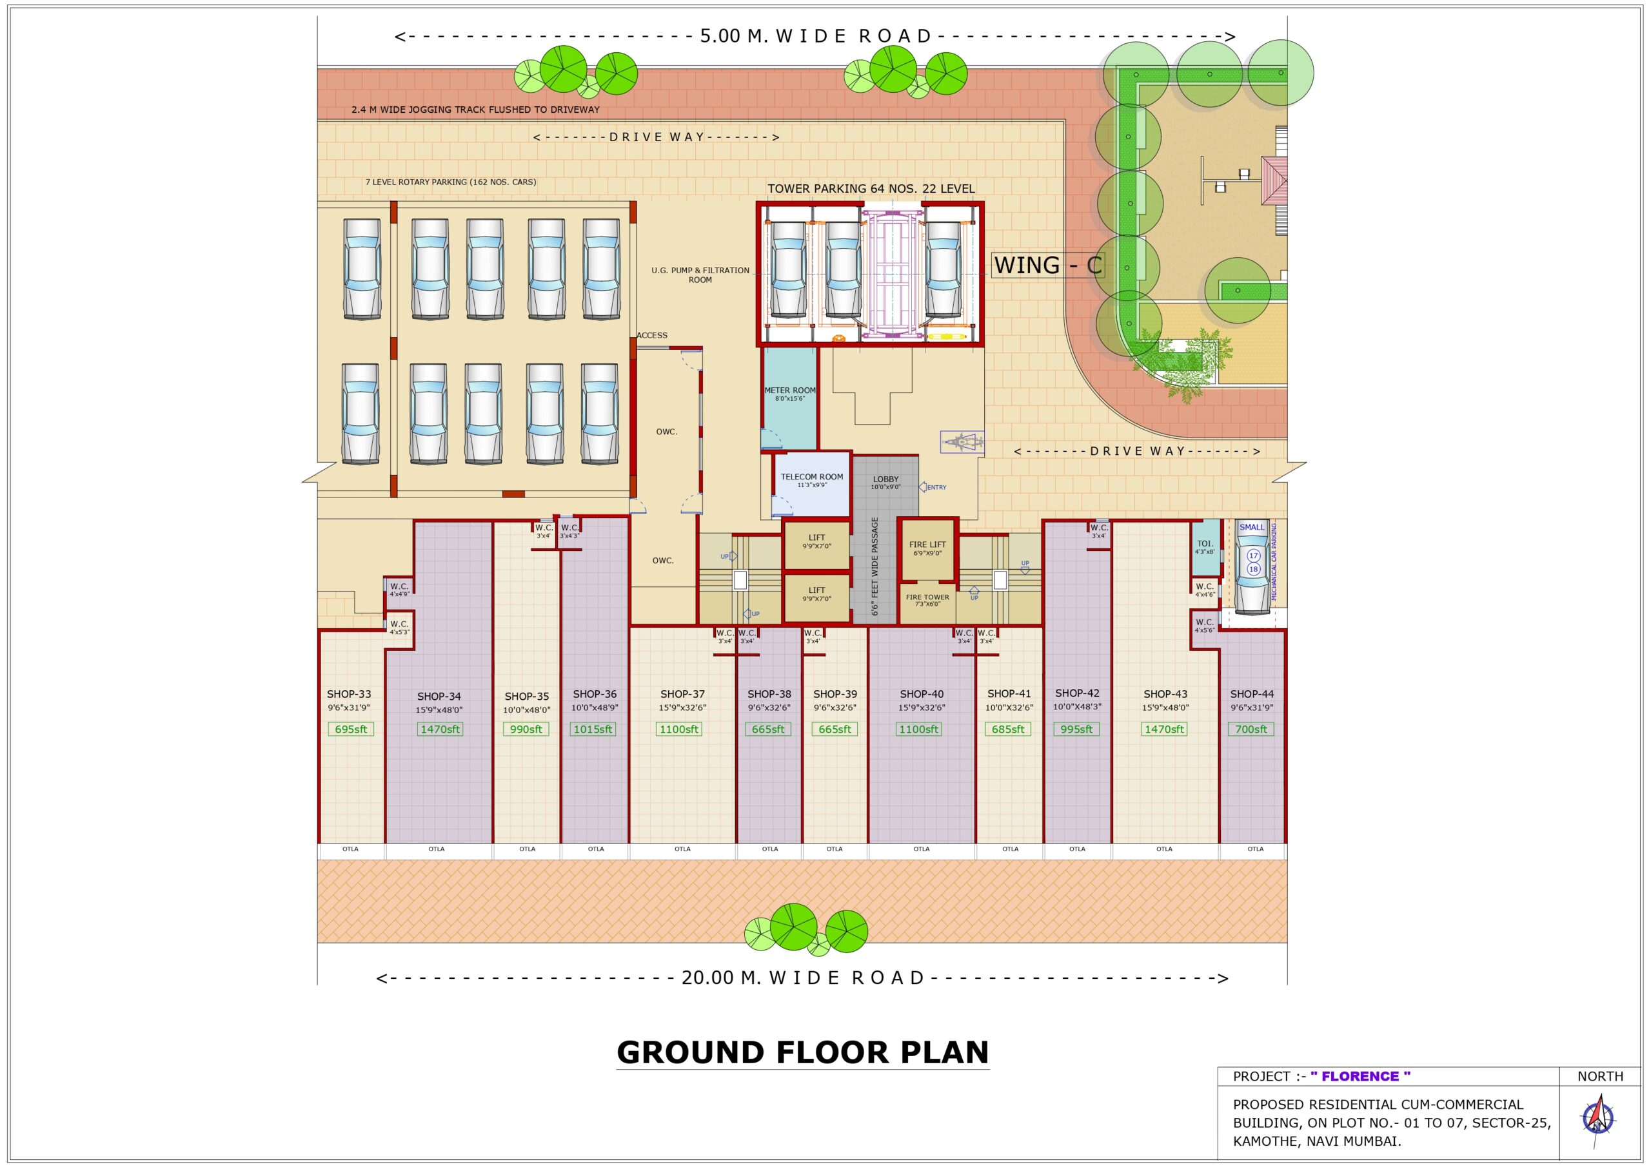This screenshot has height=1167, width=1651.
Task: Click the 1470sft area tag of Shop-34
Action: click(x=440, y=729)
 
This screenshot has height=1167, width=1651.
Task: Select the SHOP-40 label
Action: click(x=921, y=693)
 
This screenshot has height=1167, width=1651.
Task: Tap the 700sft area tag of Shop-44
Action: click(x=1251, y=729)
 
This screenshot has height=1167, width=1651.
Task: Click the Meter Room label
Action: click(x=789, y=391)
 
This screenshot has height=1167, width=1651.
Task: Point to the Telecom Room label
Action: click(x=812, y=476)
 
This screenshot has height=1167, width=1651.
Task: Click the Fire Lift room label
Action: click(x=927, y=545)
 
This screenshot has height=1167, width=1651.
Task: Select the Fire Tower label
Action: click(x=927, y=597)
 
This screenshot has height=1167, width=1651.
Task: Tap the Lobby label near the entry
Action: click(x=885, y=479)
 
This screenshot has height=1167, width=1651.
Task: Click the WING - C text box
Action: click(x=1047, y=265)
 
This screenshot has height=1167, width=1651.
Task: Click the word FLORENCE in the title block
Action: click(x=1359, y=1075)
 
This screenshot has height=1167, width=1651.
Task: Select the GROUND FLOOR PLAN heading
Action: click(x=802, y=1052)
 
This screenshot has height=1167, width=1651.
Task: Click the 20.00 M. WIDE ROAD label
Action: click(x=802, y=978)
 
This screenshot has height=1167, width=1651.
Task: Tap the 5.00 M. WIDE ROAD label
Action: click(x=815, y=36)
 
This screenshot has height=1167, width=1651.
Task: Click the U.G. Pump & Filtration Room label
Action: click(x=700, y=275)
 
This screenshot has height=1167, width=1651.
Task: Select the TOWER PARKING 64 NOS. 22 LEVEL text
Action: click(x=871, y=188)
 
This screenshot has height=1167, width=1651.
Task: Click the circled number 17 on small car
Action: click(x=1253, y=555)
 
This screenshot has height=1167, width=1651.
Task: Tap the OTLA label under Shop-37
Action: click(x=682, y=849)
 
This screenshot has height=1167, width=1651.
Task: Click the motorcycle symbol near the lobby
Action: click(x=962, y=441)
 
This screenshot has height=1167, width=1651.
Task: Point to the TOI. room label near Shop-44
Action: click(x=1205, y=544)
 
